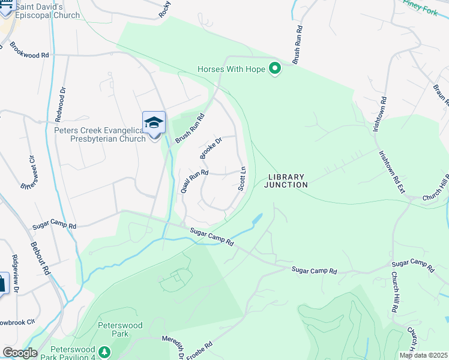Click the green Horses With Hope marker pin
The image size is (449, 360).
[x=275, y=69]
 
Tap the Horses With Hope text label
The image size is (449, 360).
[x=231, y=70]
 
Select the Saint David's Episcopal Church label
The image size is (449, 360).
[x=47, y=11]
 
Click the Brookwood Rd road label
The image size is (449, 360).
[x=29, y=55]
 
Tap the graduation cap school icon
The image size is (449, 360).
[x=154, y=123]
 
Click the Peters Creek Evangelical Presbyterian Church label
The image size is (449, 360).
[x=100, y=134]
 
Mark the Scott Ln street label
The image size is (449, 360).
[x=243, y=178]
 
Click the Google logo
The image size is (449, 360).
[x=20, y=353]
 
